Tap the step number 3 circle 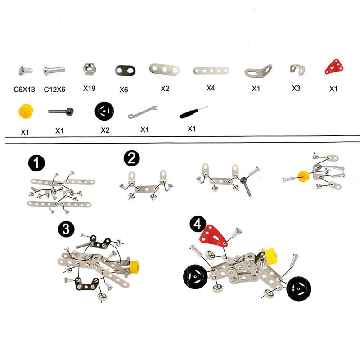pos(66,229)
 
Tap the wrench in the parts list pos(142,112)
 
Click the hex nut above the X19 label pos(89,69)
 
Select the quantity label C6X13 pos(25,89)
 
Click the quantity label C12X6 pos(54,89)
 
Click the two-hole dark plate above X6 pos(124,70)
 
